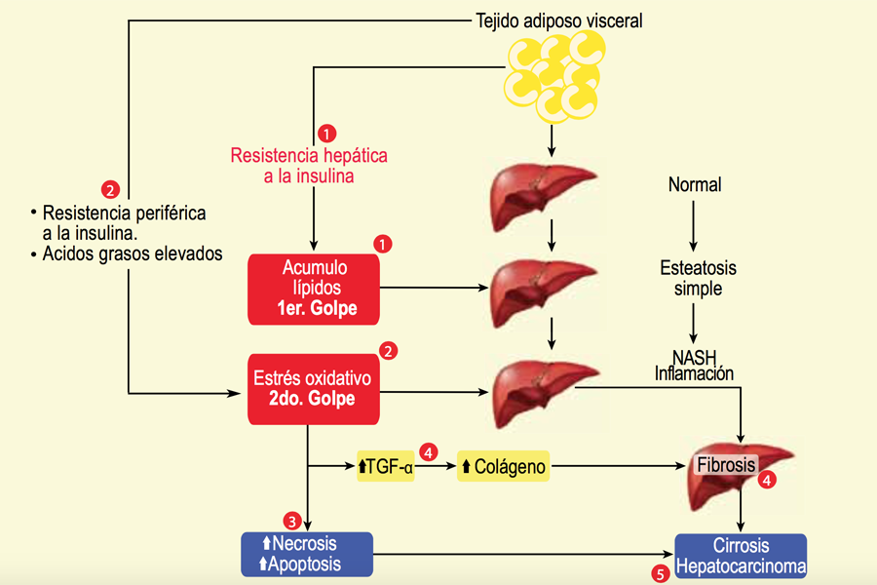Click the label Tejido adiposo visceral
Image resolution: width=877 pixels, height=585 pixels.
[x=559, y=19]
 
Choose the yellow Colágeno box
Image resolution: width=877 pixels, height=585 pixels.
[x=503, y=467]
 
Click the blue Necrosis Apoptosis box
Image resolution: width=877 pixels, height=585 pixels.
[x=307, y=554]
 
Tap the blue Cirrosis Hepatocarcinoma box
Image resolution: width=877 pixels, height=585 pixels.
[x=741, y=556]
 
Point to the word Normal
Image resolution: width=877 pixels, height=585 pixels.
[x=694, y=184]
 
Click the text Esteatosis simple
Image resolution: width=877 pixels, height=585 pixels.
[x=694, y=278]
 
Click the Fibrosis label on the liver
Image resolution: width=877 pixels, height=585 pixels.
[x=725, y=465]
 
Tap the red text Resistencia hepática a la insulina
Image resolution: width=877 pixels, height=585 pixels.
[x=309, y=166]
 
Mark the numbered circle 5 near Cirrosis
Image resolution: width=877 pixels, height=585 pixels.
[x=661, y=574]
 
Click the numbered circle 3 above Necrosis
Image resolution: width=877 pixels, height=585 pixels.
[x=290, y=520]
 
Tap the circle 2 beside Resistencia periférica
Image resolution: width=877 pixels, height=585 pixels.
[x=110, y=188]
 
